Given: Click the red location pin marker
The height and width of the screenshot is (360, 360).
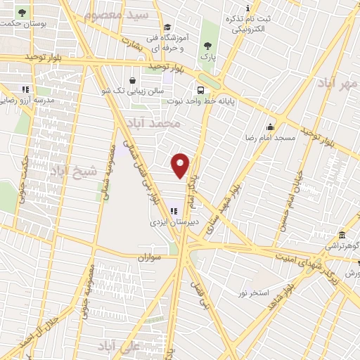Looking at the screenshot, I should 181,165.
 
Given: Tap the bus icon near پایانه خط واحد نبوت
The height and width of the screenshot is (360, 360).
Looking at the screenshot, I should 201,90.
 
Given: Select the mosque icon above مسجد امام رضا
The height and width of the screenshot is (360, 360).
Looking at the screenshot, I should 271,127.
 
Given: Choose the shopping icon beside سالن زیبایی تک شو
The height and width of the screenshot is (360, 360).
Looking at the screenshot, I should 133,79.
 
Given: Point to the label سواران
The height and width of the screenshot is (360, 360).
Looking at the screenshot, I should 150,259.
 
